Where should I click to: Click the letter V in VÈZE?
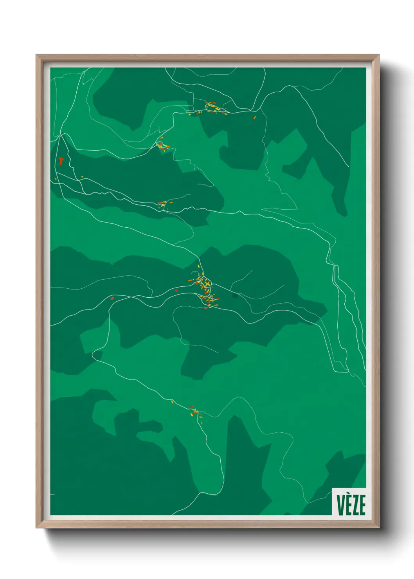click(340, 505)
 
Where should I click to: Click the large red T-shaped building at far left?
click(61, 161)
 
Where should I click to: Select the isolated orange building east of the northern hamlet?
click(255, 117)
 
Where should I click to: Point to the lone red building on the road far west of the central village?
click(112, 298)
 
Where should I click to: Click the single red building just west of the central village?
click(176, 290)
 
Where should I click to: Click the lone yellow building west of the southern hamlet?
click(172, 402)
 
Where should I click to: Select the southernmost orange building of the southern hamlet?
click(201, 423)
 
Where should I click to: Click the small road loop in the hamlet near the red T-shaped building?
click(160, 145)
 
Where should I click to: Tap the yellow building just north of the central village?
click(198, 266)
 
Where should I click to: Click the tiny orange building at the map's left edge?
click(56, 179)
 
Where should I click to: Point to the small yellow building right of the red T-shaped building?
click(82, 177)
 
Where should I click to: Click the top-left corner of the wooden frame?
click(36, 55)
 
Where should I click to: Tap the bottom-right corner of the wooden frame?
click(379, 528)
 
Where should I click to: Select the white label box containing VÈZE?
click(349, 502)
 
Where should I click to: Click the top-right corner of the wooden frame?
click(379, 55)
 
